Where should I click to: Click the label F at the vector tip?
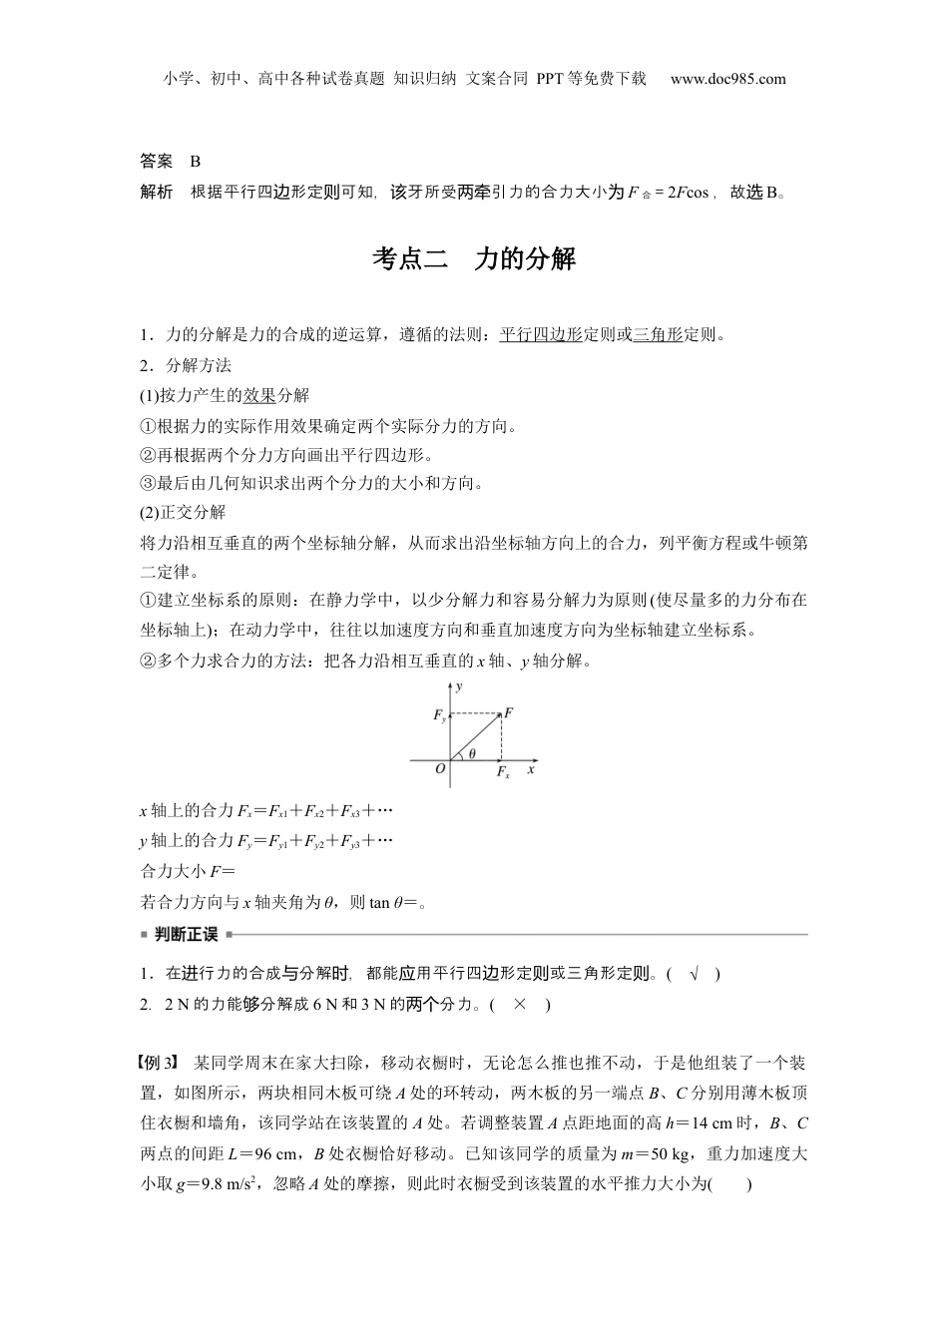[508, 712]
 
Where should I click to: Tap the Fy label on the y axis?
[439, 715]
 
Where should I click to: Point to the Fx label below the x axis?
[503, 772]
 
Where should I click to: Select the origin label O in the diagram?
[440, 768]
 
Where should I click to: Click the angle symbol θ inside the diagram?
[472, 753]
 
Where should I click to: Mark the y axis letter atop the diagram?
[458, 686]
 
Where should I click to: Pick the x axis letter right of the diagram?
[532, 768]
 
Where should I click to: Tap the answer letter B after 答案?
[196, 161]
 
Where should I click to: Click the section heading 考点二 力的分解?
[474, 259]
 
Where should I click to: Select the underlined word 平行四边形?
[540, 334]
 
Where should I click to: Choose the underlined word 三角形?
[659, 334]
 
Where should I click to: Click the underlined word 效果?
[259, 395]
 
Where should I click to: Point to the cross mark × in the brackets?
[519, 1004]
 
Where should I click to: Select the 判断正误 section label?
[186, 935]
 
